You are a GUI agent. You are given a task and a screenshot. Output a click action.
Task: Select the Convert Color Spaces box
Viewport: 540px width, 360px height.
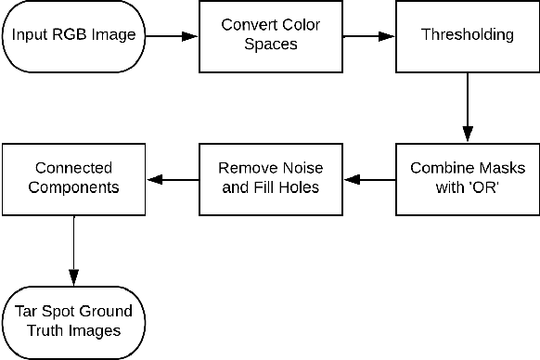pyautogui.click(x=270, y=36)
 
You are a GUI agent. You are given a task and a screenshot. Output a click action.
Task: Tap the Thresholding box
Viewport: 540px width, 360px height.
pyautogui.click(x=467, y=36)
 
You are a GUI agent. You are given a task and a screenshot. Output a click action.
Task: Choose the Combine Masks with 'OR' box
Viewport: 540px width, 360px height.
pyautogui.click(x=467, y=178)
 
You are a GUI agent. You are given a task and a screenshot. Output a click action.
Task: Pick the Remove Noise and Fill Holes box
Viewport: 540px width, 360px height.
pyautogui.click(x=270, y=178)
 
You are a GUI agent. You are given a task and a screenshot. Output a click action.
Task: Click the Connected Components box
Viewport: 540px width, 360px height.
pyautogui.click(x=72, y=178)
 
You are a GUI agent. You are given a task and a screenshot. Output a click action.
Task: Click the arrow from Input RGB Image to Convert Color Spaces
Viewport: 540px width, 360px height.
pyautogui.click(x=171, y=36)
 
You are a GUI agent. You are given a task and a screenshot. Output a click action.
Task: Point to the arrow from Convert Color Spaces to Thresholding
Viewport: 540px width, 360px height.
pyautogui.click(x=368, y=36)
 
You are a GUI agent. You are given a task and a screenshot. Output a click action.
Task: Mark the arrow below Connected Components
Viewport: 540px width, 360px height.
pyautogui.click(x=72, y=250)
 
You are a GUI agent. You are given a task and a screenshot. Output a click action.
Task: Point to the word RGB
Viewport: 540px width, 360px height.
pyautogui.click(x=70, y=36)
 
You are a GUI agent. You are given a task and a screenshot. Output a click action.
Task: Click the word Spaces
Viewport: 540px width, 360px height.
pyautogui.click(x=270, y=45)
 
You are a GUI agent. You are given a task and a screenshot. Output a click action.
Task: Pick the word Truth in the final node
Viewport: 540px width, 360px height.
pyautogui.click(x=45, y=330)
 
